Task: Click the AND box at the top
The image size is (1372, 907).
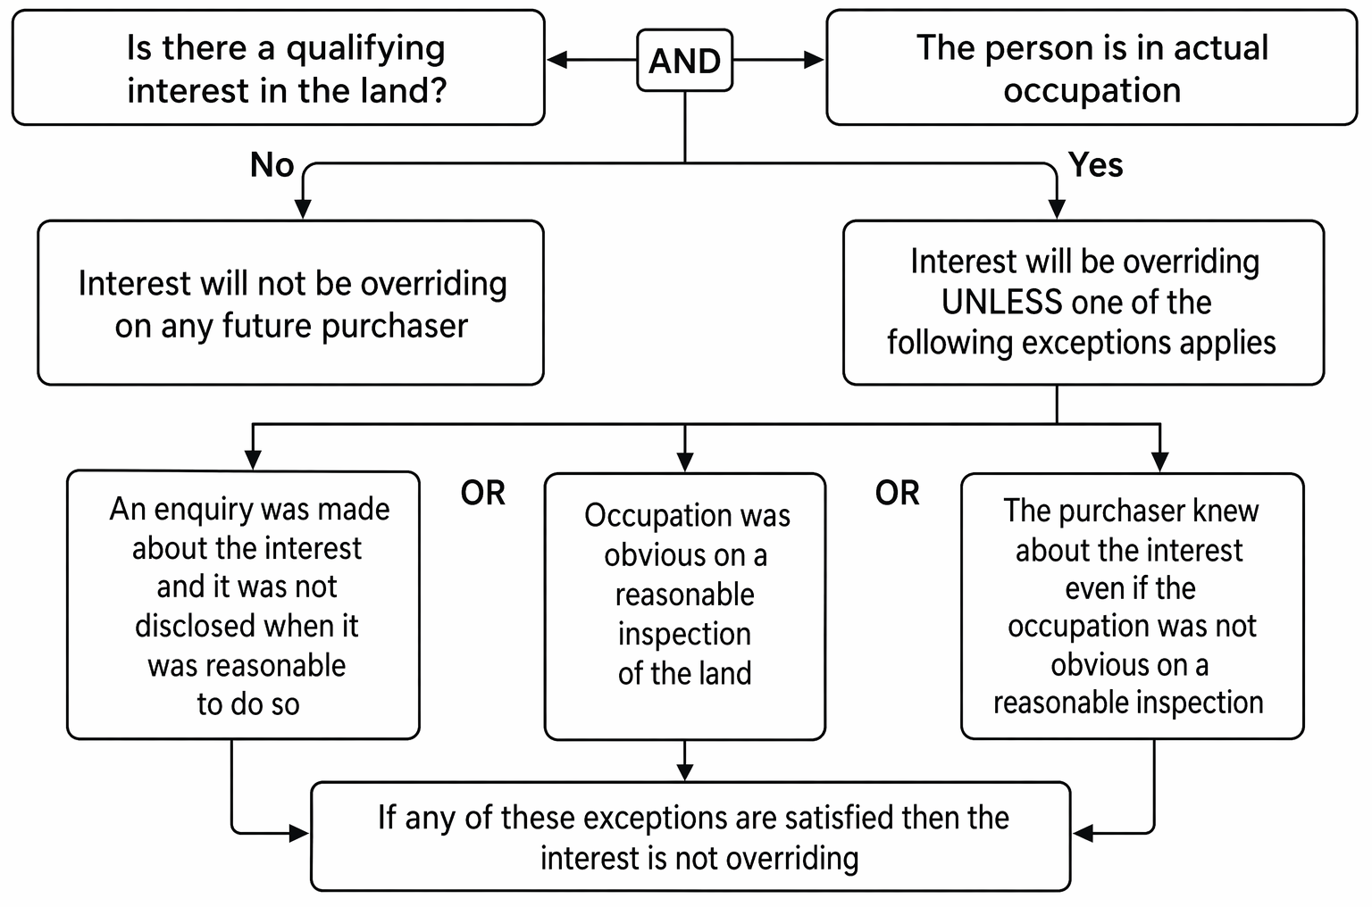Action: [x=684, y=60]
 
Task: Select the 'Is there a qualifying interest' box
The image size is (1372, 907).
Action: [x=278, y=67]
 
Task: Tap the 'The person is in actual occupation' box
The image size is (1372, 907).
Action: [x=1092, y=67]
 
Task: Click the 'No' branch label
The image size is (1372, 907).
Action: [x=272, y=164]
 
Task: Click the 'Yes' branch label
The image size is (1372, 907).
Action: [x=1096, y=164]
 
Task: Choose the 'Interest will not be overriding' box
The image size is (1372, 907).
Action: [x=290, y=303]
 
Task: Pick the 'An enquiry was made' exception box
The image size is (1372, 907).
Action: [x=243, y=604]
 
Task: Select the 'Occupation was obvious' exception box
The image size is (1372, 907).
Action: [x=685, y=606]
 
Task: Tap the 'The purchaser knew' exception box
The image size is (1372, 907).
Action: [x=1132, y=606]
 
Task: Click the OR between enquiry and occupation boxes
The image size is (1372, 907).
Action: [x=482, y=493]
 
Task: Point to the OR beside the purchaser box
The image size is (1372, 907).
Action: [x=897, y=493]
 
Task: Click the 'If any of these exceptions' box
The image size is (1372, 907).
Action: [x=690, y=836]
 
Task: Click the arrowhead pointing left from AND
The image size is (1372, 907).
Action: [x=556, y=60]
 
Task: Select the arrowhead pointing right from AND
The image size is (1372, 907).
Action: [x=814, y=60]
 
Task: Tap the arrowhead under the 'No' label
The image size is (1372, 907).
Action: [x=303, y=209]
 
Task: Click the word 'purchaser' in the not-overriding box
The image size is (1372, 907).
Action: [x=395, y=327]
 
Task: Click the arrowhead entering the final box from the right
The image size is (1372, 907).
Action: [x=1083, y=833]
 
